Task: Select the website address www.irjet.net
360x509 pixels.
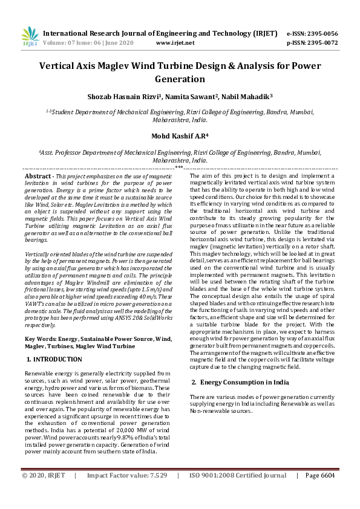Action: pyautogui.click(x=175, y=43)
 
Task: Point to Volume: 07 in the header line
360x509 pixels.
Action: pyautogui.click(x=60, y=43)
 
